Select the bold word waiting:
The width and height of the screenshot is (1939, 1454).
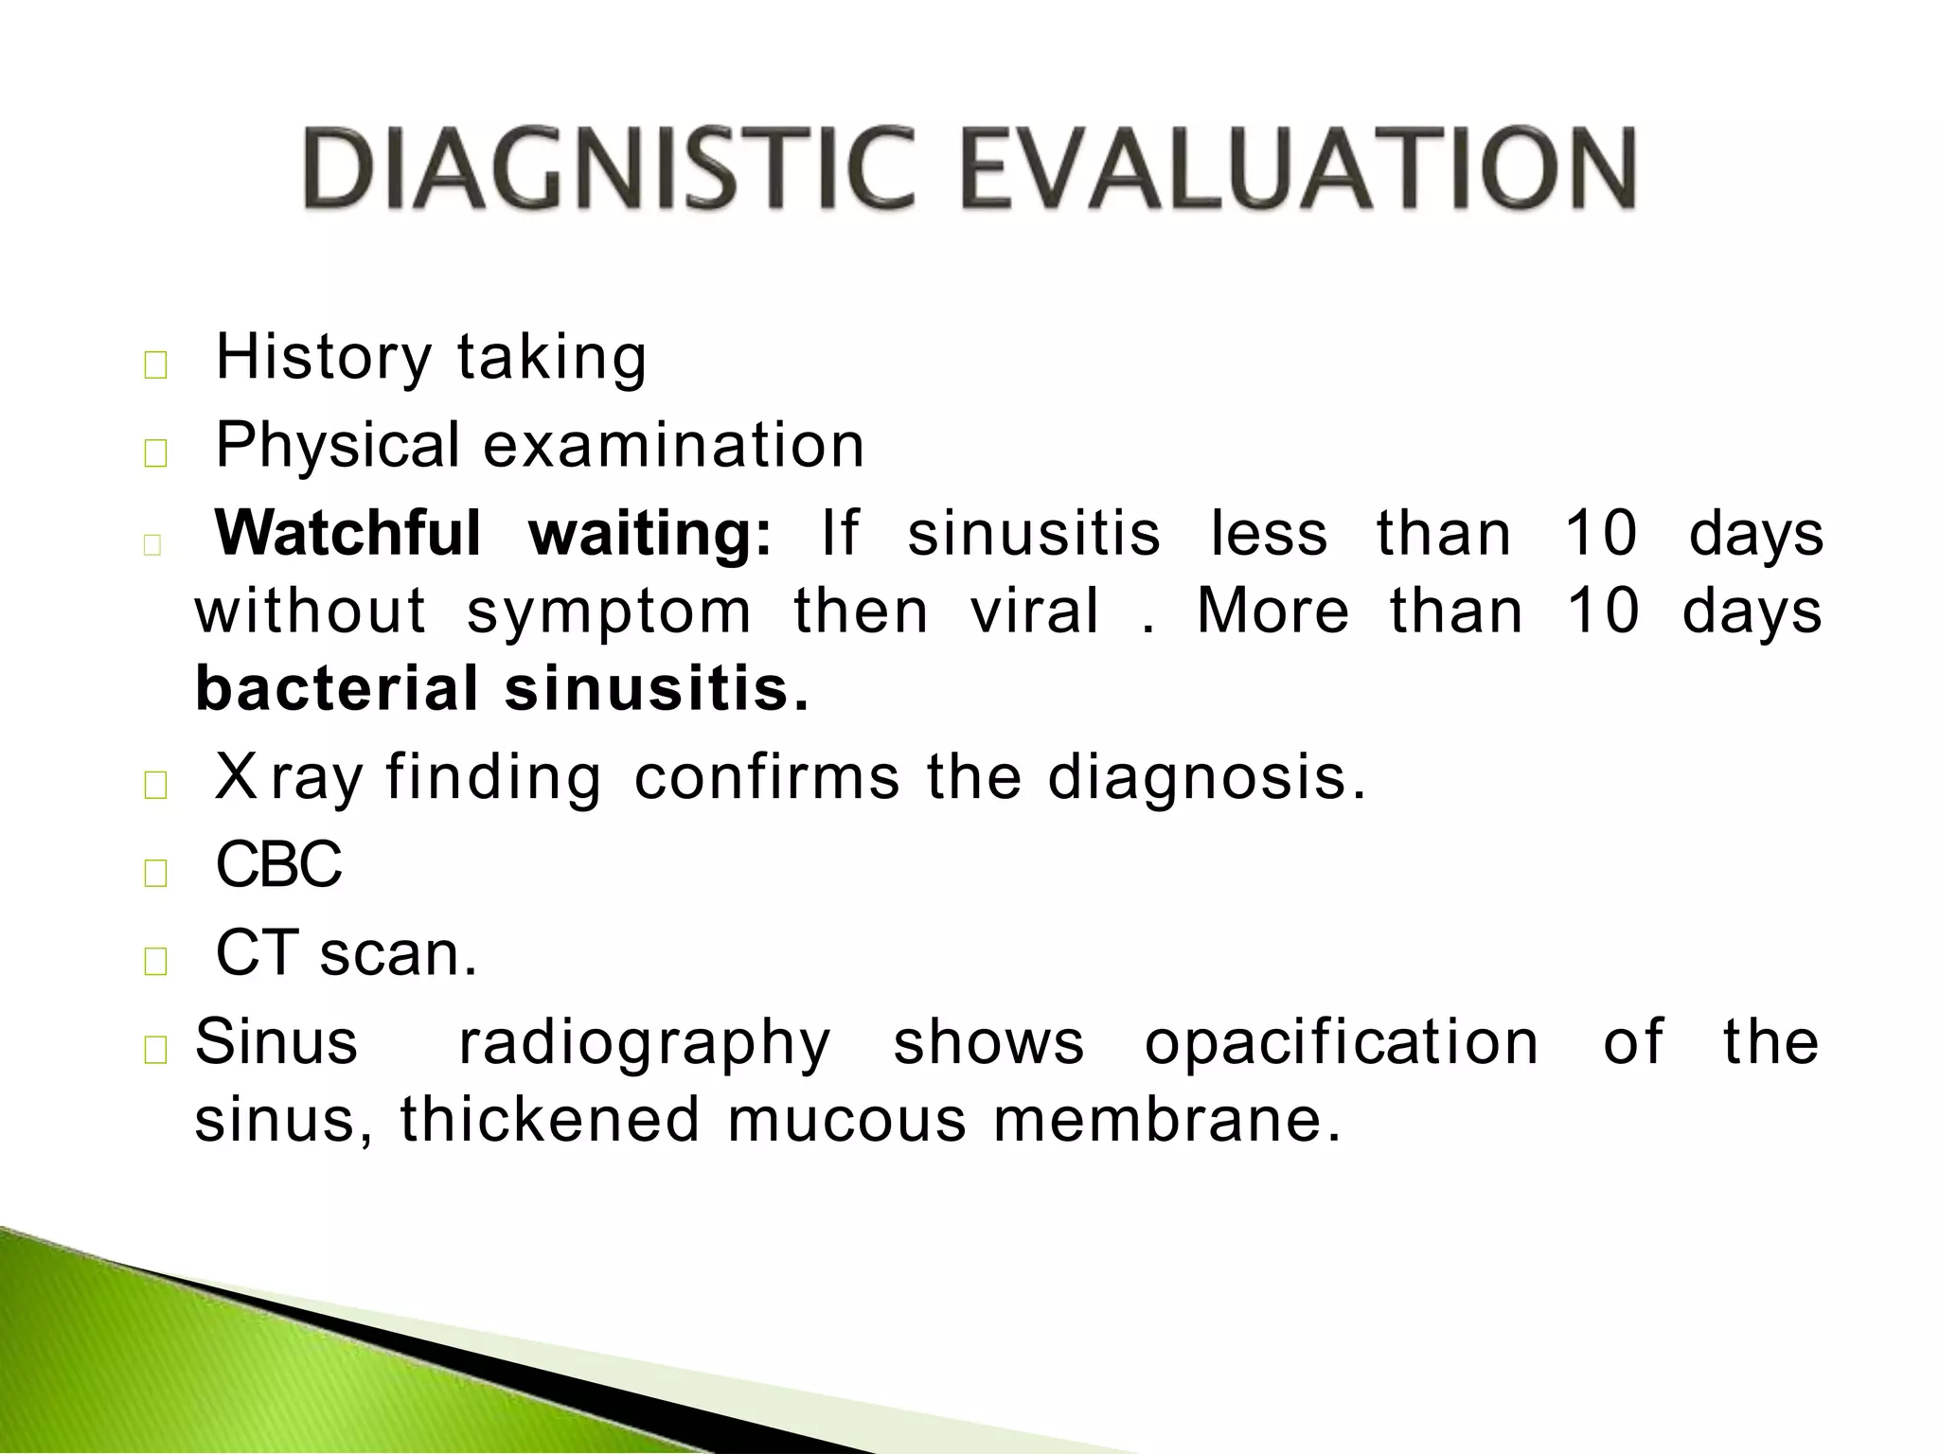(x=651, y=534)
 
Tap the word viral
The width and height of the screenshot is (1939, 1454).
(x=1035, y=610)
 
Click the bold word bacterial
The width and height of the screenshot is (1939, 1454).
(x=337, y=688)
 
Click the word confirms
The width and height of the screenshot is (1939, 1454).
(x=767, y=777)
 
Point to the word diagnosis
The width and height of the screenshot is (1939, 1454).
(x=1206, y=779)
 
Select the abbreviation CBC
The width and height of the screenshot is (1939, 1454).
(x=279, y=864)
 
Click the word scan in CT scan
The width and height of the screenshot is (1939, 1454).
(x=398, y=953)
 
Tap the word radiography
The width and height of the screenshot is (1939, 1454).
(x=645, y=1044)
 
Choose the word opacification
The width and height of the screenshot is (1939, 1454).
(x=1342, y=1042)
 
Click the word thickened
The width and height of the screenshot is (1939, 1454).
(x=550, y=1120)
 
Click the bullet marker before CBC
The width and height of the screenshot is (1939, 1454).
(x=155, y=873)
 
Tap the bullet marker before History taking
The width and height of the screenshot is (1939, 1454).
(x=155, y=366)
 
